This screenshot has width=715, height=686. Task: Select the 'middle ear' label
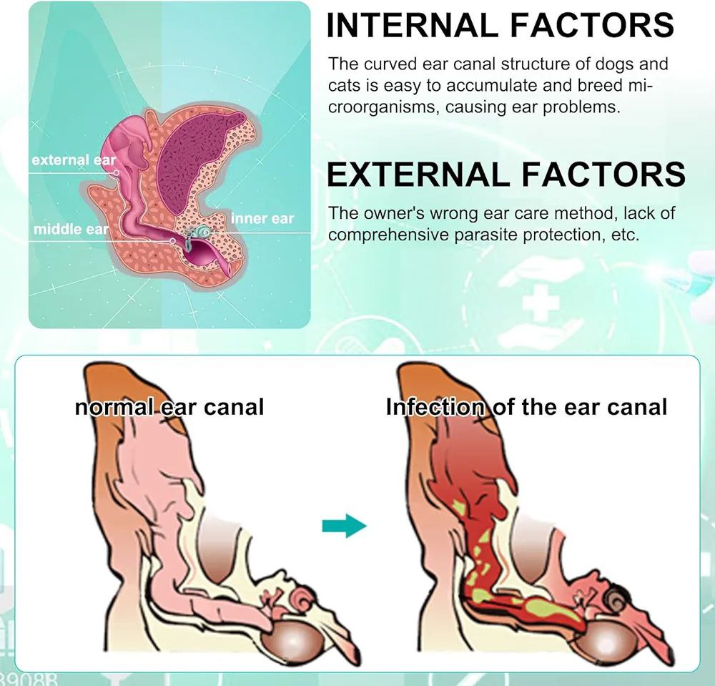click(71, 230)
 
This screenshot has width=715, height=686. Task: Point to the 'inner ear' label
click(262, 218)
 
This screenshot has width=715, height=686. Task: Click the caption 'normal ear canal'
click(169, 407)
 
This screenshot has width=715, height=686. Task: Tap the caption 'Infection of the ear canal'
click(526, 407)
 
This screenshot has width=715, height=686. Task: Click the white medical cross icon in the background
click(541, 305)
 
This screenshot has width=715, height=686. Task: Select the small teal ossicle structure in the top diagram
click(202, 230)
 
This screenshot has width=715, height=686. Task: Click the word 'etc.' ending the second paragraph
click(620, 235)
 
